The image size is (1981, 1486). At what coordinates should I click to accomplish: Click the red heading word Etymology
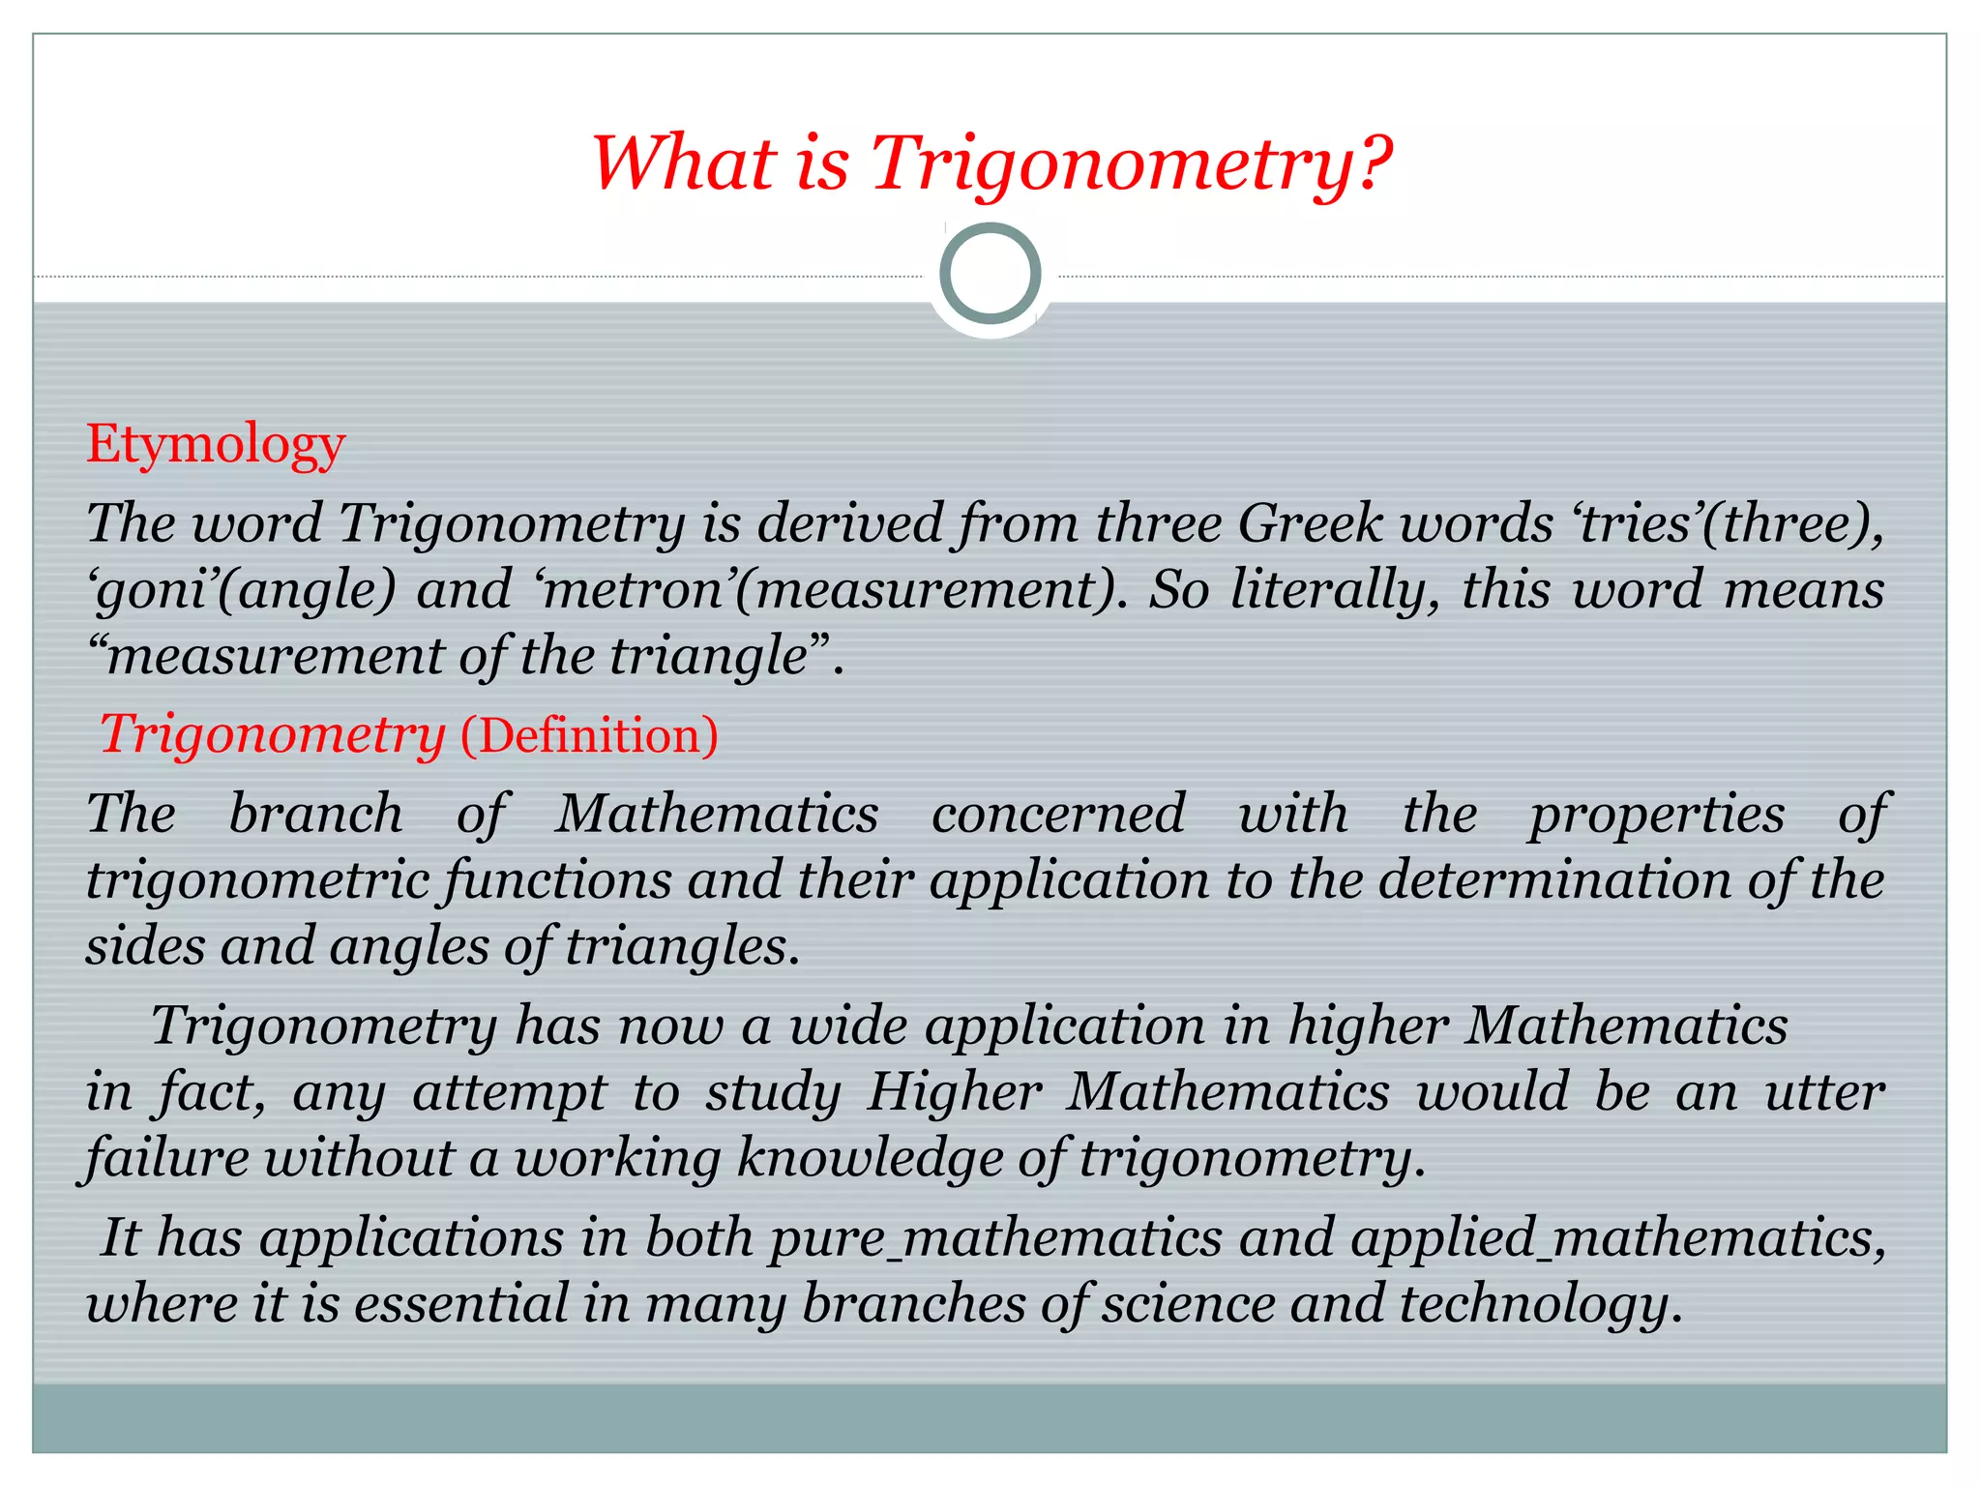pyautogui.click(x=216, y=446)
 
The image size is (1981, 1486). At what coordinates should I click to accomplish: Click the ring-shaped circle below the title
pyautogui.click(x=990, y=273)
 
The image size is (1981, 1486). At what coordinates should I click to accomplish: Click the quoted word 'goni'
pyautogui.click(x=154, y=590)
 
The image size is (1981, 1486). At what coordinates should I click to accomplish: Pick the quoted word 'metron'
pyautogui.click(x=634, y=590)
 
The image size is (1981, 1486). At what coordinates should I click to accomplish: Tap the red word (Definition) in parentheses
pyautogui.click(x=589, y=735)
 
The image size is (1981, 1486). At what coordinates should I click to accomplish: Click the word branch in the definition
pyautogui.click(x=315, y=814)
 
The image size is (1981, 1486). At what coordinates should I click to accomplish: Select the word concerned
pyautogui.click(x=1058, y=814)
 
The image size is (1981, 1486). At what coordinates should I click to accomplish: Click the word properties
pyautogui.click(x=1656, y=814)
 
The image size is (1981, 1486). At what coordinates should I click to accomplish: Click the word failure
pyautogui.click(x=166, y=1158)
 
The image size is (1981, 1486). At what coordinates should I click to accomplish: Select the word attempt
pyautogui.click(x=509, y=1092)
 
